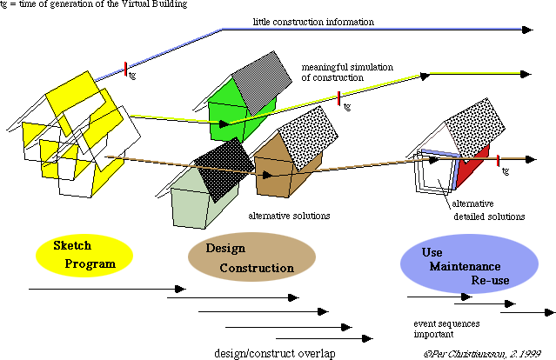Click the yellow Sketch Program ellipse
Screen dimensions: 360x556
click(83, 253)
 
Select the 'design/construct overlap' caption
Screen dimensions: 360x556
click(271, 352)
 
